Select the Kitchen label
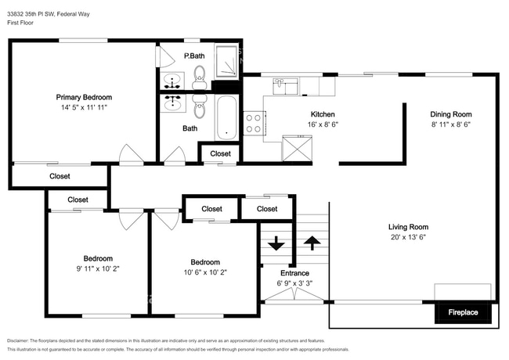point(323,113)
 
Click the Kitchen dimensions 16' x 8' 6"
point(323,124)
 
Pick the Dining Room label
point(450,113)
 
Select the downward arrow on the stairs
point(276,243)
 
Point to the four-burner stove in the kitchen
point(254,123)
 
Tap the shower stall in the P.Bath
point(228,60)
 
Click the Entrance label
point(293,273)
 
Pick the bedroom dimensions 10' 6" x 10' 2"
point(205,273)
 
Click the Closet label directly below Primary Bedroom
point(60,177)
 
